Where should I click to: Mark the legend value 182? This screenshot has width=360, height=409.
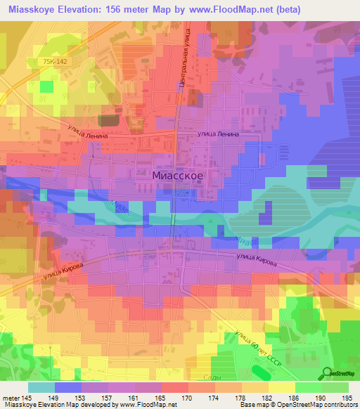coord(269,398)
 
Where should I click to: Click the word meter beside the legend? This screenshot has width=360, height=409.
coord(10,398)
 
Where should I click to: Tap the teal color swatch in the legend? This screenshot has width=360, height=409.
coord(41,387)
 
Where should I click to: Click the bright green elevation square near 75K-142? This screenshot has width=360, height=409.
coord(47,86)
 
